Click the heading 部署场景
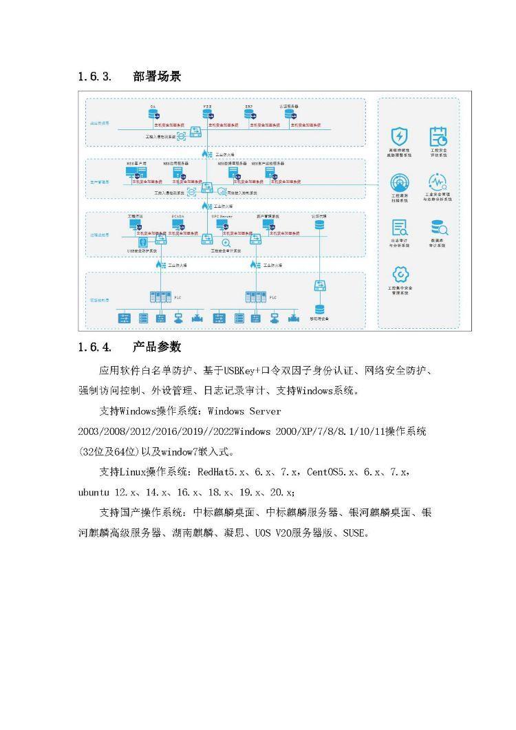click(x=157, y=76)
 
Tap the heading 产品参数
click(x=157, y=346)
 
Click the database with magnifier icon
click(x=438, y=228)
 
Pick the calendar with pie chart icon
click(x=438, y=136)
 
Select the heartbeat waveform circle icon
click(x=438, y=182)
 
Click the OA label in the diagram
click(x=153, y=107)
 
